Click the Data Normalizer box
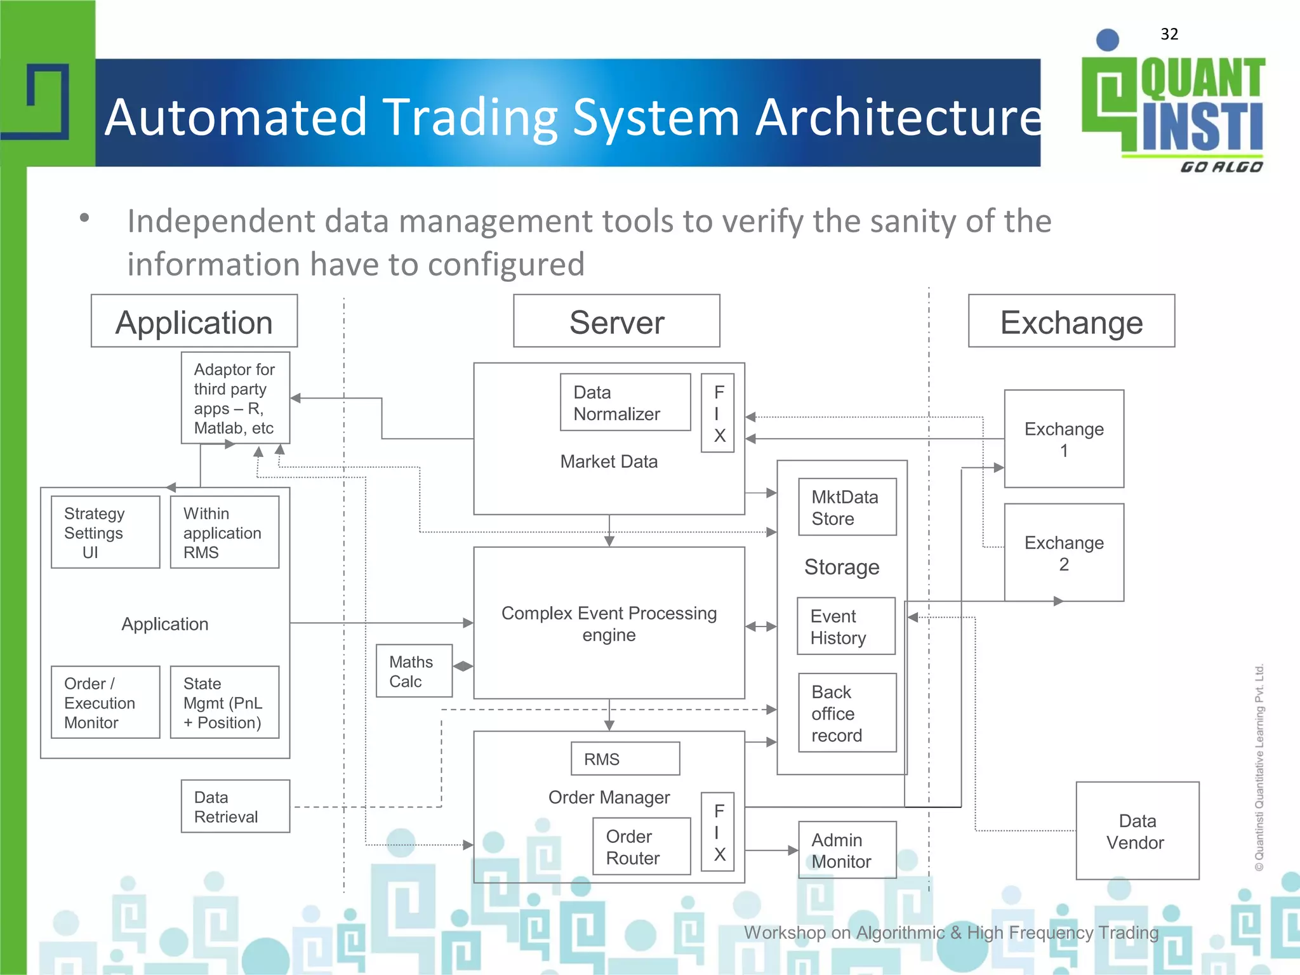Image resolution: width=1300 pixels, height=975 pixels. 625,402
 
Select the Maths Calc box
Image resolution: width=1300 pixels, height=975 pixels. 414,671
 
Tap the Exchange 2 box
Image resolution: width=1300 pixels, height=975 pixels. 1064,553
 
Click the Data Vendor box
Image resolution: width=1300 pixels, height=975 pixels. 1137,831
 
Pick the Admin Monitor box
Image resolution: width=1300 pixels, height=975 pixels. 847,850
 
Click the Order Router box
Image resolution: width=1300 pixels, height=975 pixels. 641,847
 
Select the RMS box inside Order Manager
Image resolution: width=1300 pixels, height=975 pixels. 625,759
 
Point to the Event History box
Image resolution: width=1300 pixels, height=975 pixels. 846,627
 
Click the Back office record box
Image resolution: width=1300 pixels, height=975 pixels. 847,713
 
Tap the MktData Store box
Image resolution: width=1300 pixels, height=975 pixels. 847,507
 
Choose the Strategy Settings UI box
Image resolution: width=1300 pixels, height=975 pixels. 105,532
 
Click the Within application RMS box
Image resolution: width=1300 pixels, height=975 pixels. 224,532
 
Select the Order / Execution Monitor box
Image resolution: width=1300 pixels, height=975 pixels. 105,702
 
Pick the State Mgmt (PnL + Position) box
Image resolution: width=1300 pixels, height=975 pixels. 224,702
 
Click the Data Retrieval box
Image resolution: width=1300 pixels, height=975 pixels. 235,806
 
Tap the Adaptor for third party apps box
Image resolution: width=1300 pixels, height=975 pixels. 235,398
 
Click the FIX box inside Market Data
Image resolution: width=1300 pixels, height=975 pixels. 717,413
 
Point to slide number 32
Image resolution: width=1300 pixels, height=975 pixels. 1169,34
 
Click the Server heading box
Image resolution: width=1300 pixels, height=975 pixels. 616,321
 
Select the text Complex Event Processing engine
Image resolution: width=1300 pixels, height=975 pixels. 609,623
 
